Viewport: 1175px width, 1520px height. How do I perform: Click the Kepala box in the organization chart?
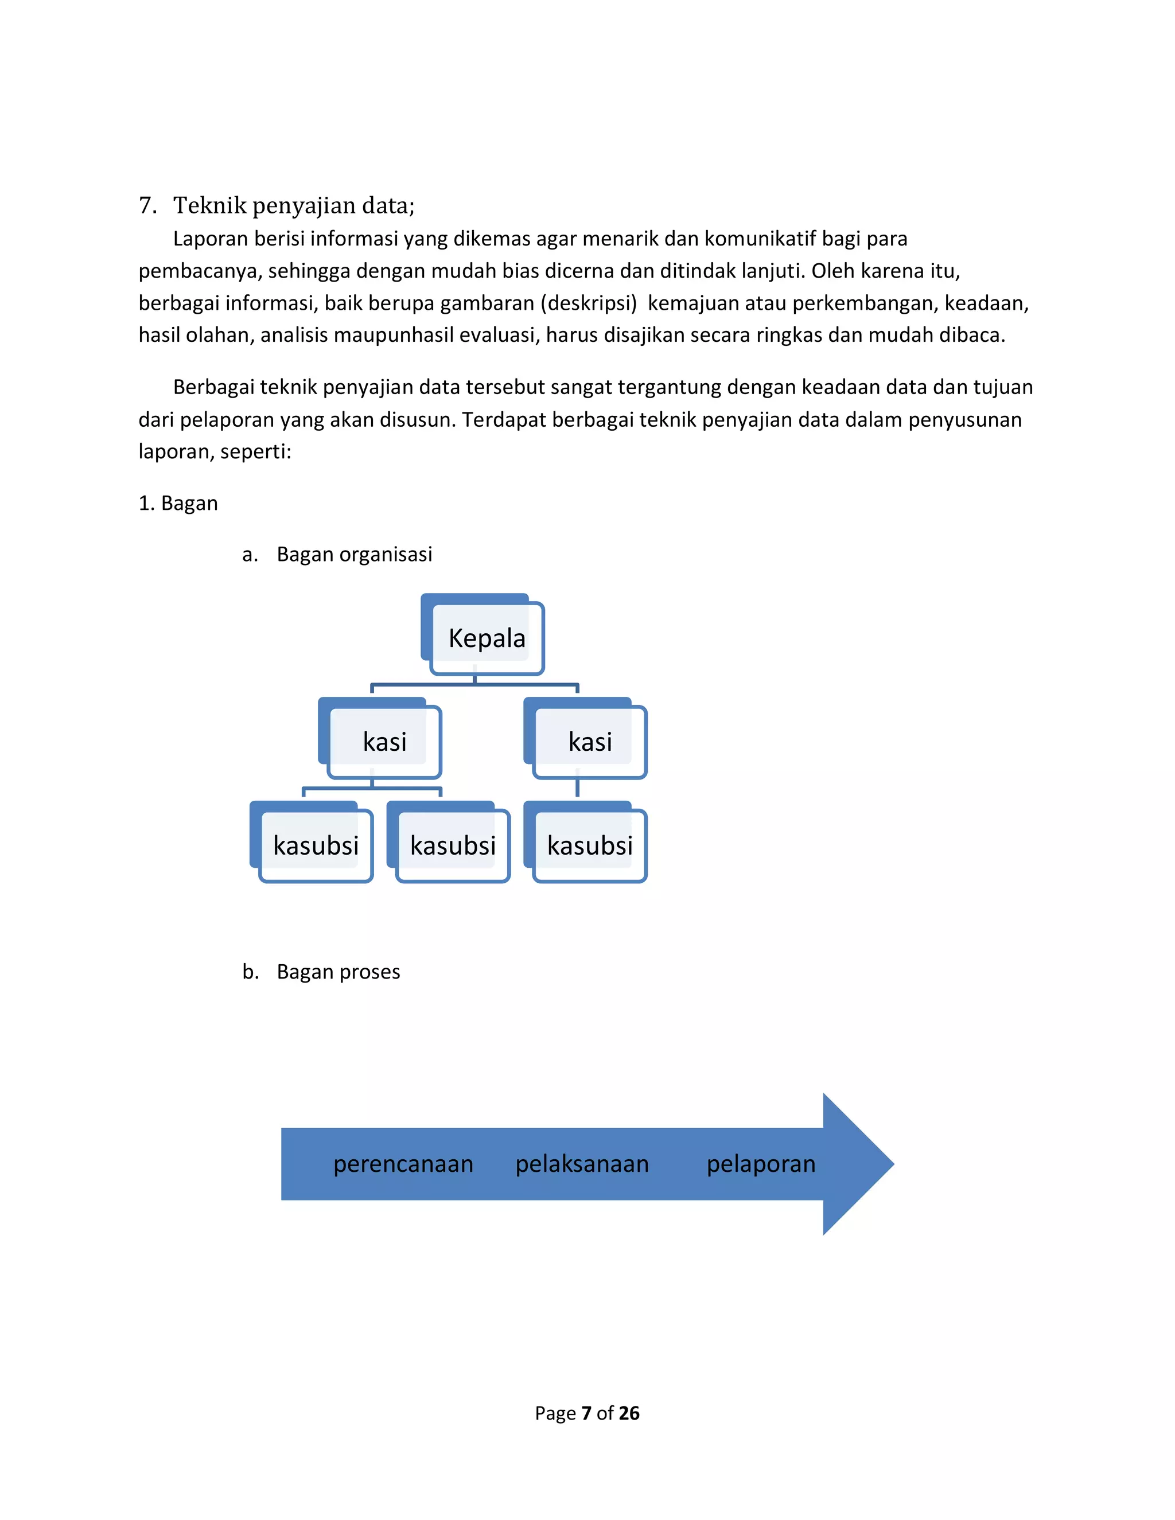point(486,637)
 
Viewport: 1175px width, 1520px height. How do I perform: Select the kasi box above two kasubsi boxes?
point(384,741)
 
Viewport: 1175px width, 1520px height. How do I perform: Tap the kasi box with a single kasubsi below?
point(590,741)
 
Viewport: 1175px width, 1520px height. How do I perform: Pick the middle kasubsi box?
point(453,845)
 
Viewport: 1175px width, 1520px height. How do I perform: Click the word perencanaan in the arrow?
point(403,1164)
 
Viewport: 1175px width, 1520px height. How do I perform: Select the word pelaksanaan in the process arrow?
point(582,1164)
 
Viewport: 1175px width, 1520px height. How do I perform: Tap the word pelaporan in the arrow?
point(761,1164)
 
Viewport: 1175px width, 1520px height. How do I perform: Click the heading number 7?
point(146,205)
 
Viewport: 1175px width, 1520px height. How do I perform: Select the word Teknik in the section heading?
point(209,205)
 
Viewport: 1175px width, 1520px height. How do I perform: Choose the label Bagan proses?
point(339,972)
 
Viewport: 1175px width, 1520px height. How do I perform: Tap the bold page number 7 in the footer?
point(586,1413)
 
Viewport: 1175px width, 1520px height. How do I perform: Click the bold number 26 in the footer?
point(629,1413)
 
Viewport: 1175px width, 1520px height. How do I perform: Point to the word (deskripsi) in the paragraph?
point(588,303)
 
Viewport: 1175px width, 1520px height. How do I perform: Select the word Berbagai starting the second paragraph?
point(213,387)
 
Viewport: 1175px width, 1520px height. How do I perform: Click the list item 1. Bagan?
point(178,503)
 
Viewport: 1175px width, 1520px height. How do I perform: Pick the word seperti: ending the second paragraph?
point(255,451)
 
